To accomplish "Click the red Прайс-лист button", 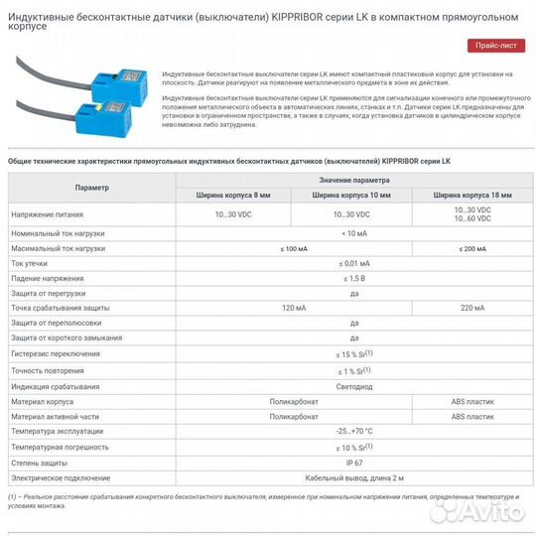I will pyautogui.click(x=497, y=46).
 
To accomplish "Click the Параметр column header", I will pyautogui.click(x=91, y=188).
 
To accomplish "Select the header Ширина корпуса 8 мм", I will pyautogui.click(x=234, y=195).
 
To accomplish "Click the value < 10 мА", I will pyautogui.click(x=353, y=232).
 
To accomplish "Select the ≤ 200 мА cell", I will pyautogui.click(x=471, y=247).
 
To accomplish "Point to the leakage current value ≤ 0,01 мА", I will pyautogui.click(x=353, y=263).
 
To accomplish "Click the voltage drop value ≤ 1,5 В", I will pyautogui.click(x=353, y=278).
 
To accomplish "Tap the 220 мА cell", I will pyautogui.click(x=471, y=308).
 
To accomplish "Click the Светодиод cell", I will pyautogui.click(x=353, y=386).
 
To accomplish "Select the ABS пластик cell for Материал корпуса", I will pyautogui.click(x=471, y=401).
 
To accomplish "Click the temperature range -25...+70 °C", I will pyautogui.click(x=353, y=432).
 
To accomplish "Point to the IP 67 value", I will pyautogui.click(x=353, y=462).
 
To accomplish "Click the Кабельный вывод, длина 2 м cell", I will pyautogui.click(x=353, y=477).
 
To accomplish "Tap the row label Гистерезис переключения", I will pyautogui.click(x=57, y=354).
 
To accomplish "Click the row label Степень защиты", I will pyautogui.click(x=40, y=462).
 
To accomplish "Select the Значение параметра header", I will pyautogui.click(x=353, y=181).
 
